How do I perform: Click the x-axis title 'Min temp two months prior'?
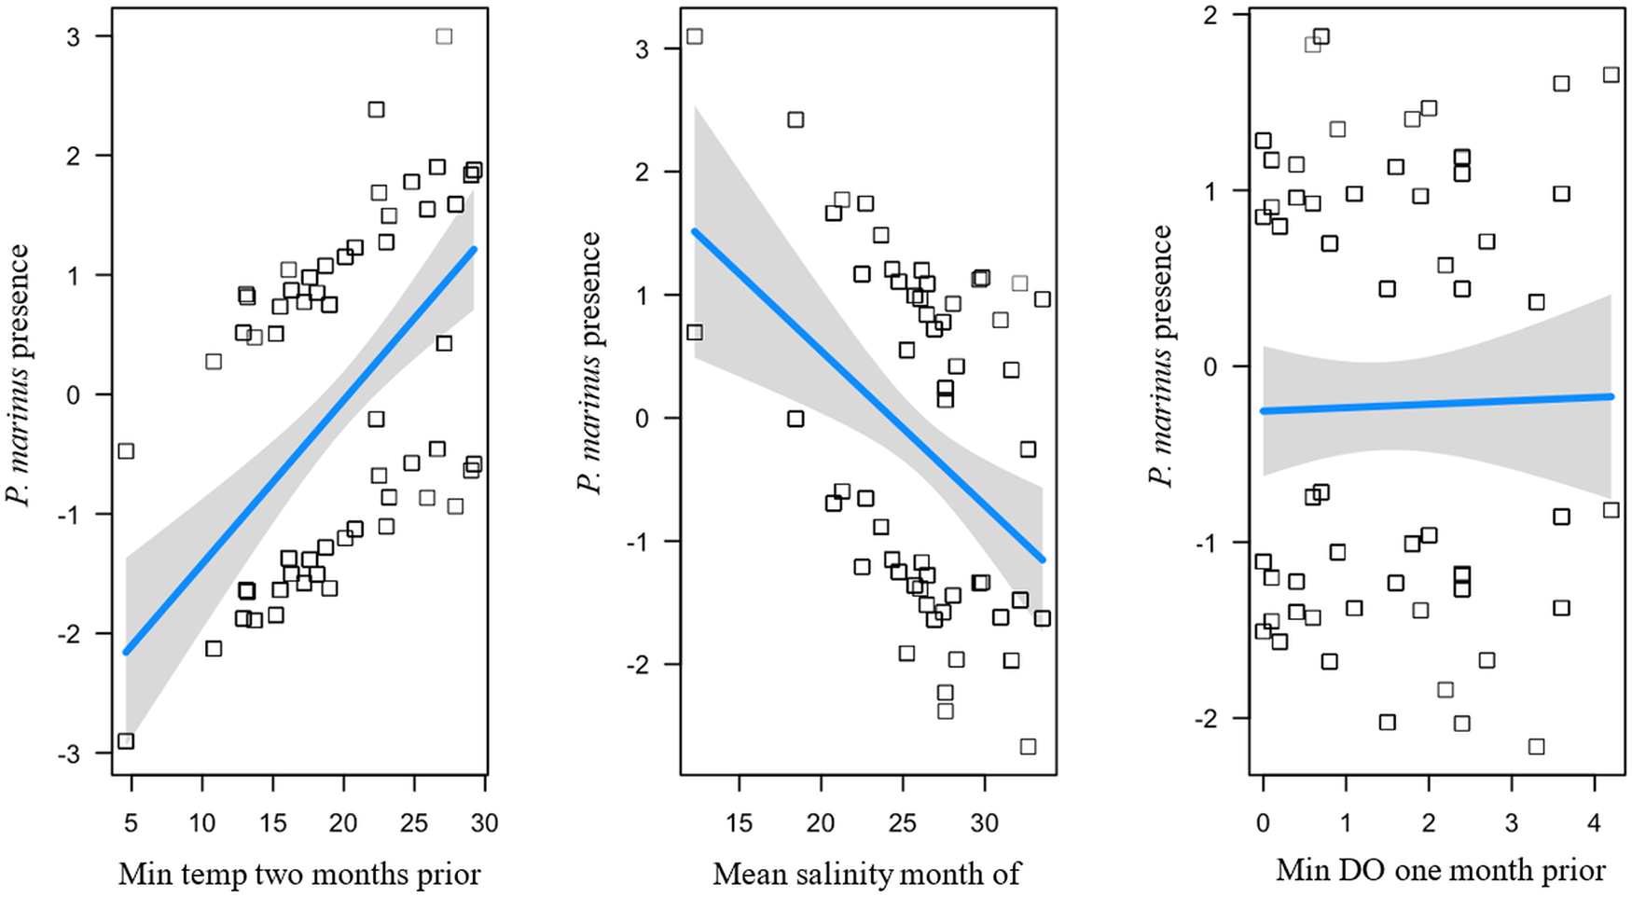coord(299,874)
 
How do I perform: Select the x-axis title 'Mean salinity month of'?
coord(866,874)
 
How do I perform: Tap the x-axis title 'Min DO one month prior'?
coord(1440,870)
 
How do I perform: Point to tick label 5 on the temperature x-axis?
coord(131,823)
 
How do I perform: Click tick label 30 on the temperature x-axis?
coord(484,823)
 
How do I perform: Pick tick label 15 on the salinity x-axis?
coord(739,823)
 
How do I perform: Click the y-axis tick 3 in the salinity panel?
coord(642,49)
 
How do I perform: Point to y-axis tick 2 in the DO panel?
coord(1215,16)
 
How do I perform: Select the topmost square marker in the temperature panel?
coord(444,36)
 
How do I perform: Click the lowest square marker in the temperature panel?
coord(126,741)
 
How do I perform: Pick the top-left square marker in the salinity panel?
coord(694,36)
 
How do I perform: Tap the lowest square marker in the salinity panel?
coord(1028,746)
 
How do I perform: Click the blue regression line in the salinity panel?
coord(867,394)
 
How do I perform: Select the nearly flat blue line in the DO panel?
coord(1436,403)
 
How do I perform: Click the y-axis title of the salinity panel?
coord(589,364)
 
